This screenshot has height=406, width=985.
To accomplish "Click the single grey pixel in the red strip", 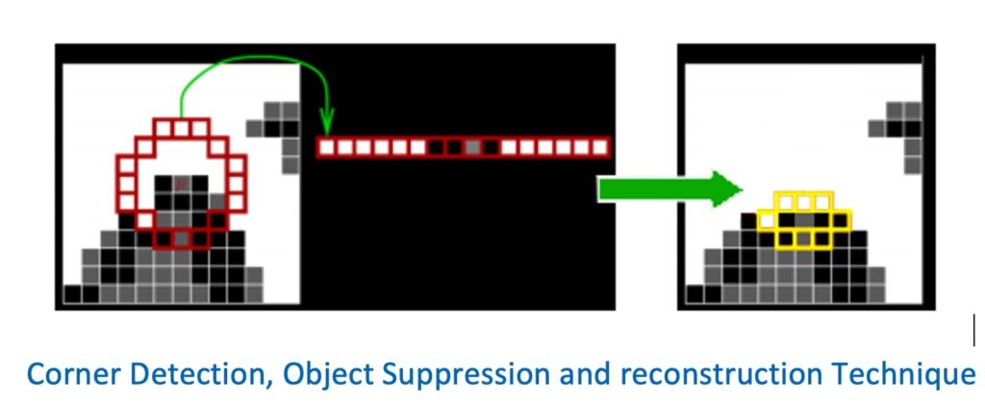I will coord(472,147).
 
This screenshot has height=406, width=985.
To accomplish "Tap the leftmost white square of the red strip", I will coord(326,147).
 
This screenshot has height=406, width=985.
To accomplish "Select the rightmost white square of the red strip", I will coord(600,147).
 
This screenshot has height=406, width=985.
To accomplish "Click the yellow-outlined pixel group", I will coord(804,220).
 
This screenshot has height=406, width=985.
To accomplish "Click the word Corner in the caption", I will coord(61,372).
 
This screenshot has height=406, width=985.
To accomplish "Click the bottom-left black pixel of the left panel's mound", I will coord(73,293).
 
